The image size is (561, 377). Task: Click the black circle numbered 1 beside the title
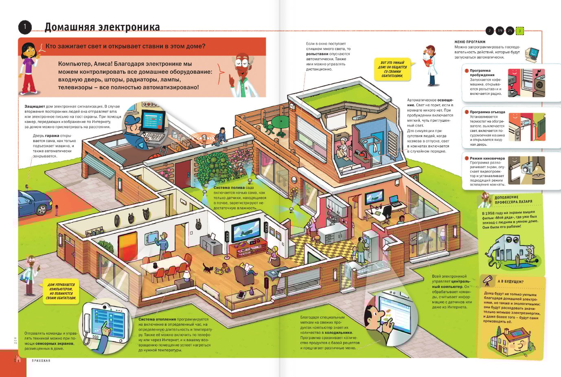pyautogui.click(x=25, y=27)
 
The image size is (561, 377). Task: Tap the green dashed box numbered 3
pyautogui.click(x=519, y=31)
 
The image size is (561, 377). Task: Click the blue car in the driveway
pyautogui.click(x=35, y=203)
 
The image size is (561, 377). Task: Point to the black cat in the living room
pyautogui.click(x=208, y=268)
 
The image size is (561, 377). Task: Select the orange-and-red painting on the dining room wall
pyautogui.click(x=127, y=243)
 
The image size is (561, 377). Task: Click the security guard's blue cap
pyautogui.click(x=132, y=119)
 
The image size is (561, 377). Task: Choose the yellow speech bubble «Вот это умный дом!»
pyautogui.click(x=392, y=69)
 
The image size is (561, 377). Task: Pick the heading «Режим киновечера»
pyautogui.click(x=487, y=158)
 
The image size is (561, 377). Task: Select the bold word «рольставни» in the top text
pyautogui.click(x=317, y=54)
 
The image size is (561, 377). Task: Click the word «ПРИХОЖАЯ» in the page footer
pyautogui.click(x=41, y=361)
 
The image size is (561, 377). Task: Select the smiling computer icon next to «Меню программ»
pyautogui.click(x=532, y=55)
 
